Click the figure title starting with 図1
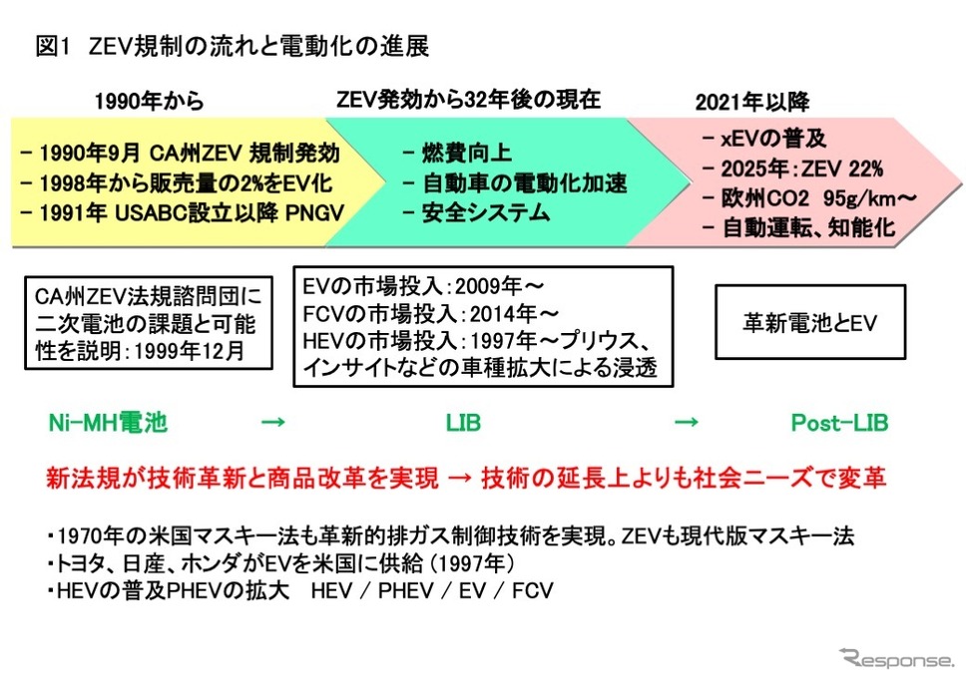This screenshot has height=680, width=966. (233, 46)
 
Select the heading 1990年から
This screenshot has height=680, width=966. (150, 101)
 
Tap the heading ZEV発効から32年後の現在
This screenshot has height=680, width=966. (468, 100)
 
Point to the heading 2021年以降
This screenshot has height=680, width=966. (752, 102)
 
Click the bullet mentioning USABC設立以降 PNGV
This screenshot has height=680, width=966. (183, 213)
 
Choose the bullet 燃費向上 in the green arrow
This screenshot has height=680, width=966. (457, 153)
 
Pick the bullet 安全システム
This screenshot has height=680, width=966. (476, 213)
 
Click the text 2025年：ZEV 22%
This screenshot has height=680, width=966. (802, 168)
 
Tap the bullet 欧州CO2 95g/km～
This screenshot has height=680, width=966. (809, 198)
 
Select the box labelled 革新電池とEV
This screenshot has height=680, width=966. (810, 322)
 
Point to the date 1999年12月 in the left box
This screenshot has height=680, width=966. (190, 351)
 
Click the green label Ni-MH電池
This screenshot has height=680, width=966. (108, 423)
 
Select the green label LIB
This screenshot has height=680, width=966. (463, 423)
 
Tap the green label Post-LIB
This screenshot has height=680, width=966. (839, 423)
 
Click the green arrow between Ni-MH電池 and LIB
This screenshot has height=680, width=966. (273, 422)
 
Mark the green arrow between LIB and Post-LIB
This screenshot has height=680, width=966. (687, 422)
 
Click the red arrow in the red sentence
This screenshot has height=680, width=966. (460, 478)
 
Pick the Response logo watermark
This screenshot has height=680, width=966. (896, 658)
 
